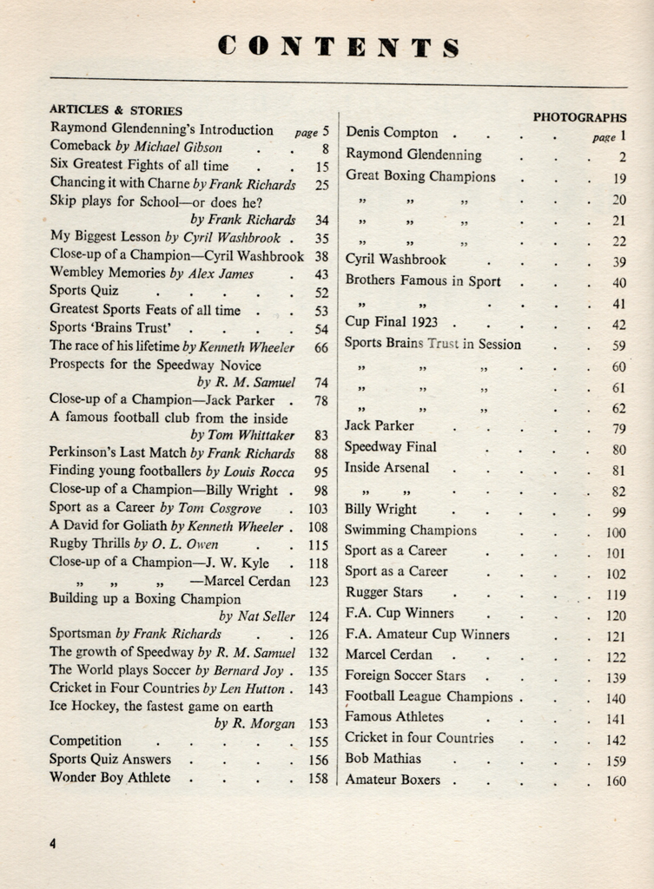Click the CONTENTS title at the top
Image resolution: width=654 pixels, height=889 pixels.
(x=339, y=47)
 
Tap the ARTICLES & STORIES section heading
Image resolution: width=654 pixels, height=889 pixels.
(x=116, y=110)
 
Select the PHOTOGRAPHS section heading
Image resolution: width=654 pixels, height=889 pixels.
(x=579, y=117)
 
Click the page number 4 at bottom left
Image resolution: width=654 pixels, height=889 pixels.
(x=53, y=843)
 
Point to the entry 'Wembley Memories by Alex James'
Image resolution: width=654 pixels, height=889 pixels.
(x=152, y=273)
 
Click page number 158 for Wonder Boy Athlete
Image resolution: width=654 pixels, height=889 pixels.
(x=318, y=778)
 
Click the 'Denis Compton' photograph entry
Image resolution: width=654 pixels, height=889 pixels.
(x=392, y=134)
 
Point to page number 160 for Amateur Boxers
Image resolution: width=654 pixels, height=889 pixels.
(x=616, y=780)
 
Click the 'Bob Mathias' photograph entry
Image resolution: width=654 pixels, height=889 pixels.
(x=383, y=759)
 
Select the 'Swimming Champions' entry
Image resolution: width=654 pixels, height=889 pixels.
(x=411, y=530)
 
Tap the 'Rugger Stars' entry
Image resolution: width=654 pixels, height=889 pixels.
(x=384, y=593)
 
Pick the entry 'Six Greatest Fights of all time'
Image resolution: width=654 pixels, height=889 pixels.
(x=139, y=166)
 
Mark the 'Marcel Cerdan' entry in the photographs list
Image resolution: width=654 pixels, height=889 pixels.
(x=388, y=655)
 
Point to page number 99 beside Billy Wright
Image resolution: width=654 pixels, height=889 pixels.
(x=618, y=511)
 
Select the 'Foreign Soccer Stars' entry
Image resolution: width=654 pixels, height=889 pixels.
(x=406, y=675)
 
